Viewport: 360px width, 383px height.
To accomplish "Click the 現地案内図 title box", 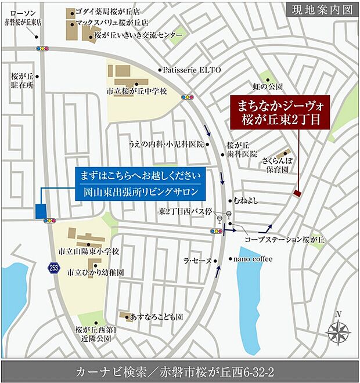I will [322, 9].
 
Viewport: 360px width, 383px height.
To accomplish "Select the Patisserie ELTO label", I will [192, 70].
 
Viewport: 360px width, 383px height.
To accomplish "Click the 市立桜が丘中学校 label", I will [136, 92].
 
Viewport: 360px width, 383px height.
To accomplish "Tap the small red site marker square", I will [297, 193].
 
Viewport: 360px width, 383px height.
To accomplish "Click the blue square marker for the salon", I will [41, 211].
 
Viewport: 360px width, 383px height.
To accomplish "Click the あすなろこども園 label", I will [157, 317].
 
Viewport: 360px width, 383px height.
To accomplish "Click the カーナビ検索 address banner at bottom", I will [179, 371].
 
